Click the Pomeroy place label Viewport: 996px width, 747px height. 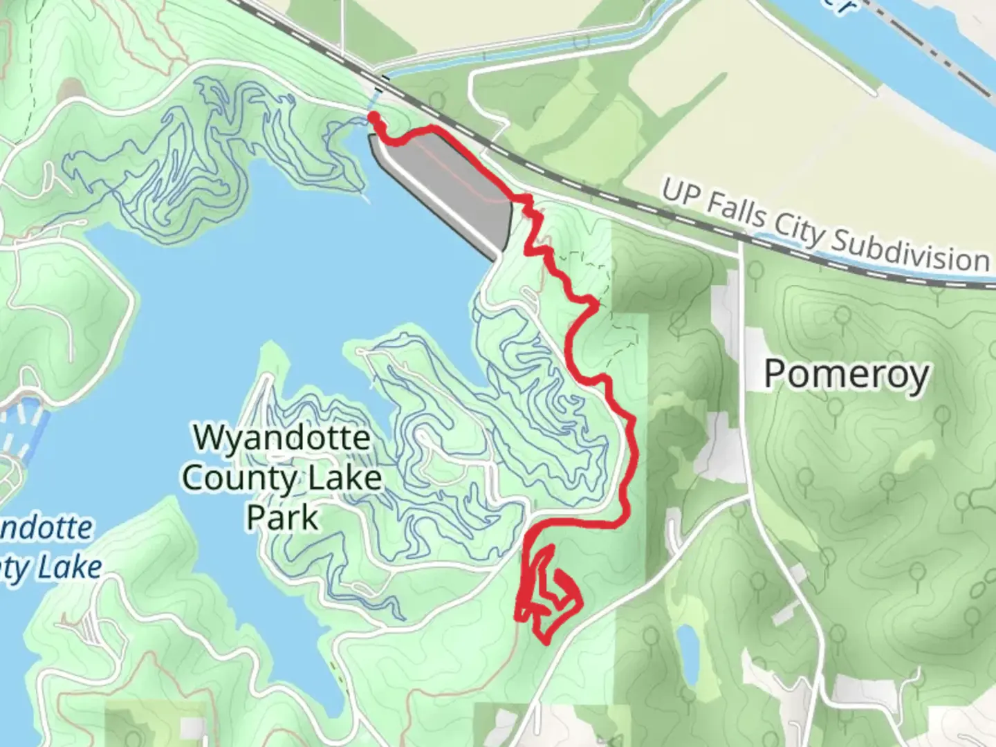pyautogui.click(x=846, y=375)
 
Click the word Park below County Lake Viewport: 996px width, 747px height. pyautogui.click(x=282, y=517)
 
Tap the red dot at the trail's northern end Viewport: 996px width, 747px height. pyautogui.click(x=373, y=117)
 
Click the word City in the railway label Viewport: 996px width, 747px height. pyautogui.click(x=798, y=226)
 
